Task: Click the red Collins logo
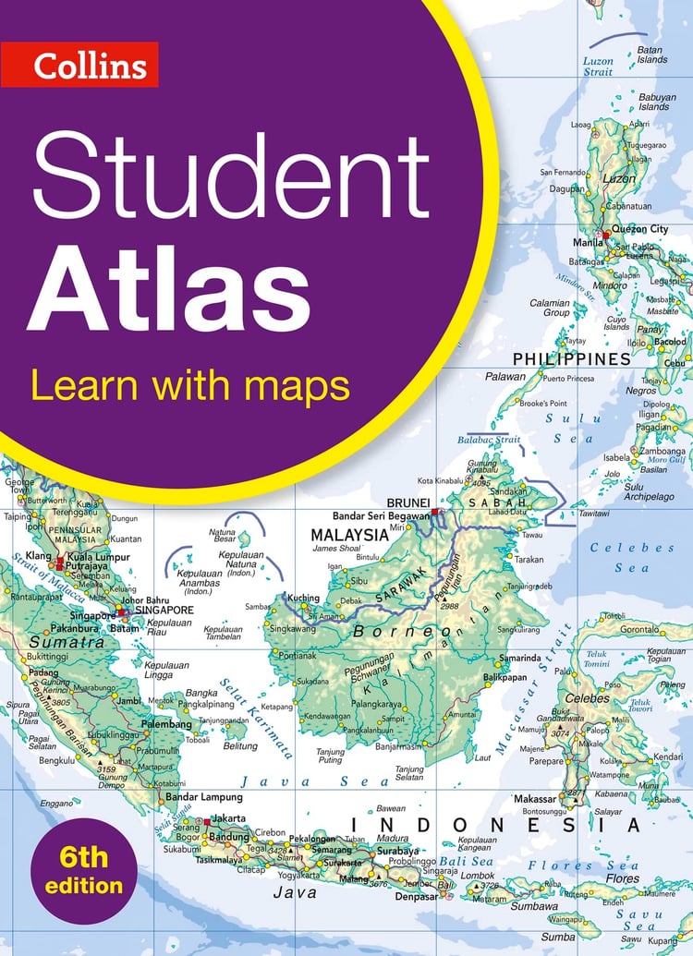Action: coord(91,65)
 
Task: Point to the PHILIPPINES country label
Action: coord(571,358)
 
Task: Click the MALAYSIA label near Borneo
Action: coord(348,535)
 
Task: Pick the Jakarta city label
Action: coord(228,818)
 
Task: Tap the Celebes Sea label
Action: coord(632,557)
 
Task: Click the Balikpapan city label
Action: coord(519,677)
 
